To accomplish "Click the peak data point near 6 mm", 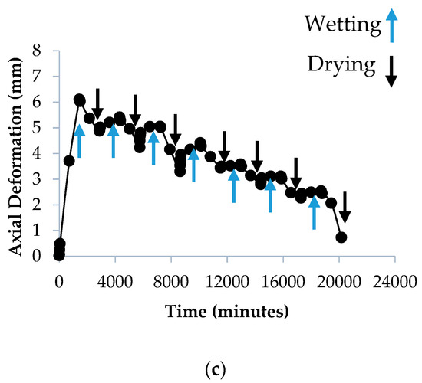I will pos(79,100).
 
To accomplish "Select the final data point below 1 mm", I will pos(341,237).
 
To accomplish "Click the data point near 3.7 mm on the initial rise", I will pos(69,161).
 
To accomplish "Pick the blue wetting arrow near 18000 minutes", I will pos(314,212).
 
